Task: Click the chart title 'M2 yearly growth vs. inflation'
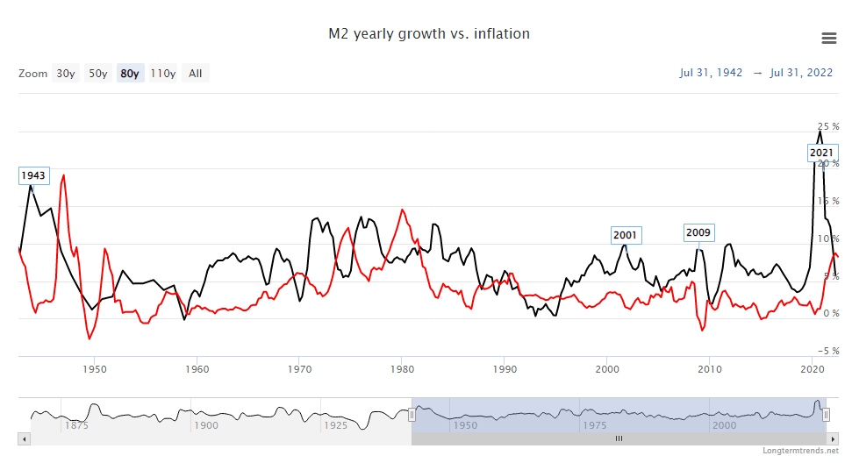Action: (429, 34)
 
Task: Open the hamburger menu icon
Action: (828, 37)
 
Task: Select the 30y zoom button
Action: (66, 74)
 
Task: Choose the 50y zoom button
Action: (98, 74)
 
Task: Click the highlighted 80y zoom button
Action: (130, 74)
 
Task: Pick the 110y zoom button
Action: (162, 74)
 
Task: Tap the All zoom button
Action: (195, 74)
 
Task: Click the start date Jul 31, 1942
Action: (711, 73)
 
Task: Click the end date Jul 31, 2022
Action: (801, 73)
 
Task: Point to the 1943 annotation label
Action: (33, 175)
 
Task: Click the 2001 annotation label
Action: (626, 235)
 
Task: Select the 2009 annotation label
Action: (698, 232)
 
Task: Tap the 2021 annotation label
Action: (821, 153)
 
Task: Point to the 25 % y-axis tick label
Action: (827, 126)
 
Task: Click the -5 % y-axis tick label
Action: (827, 351)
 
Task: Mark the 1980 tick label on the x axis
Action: (402, 369)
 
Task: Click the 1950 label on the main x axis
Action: (94, 369)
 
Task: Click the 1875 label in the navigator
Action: (75, 425)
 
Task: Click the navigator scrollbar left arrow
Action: (24, 438)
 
